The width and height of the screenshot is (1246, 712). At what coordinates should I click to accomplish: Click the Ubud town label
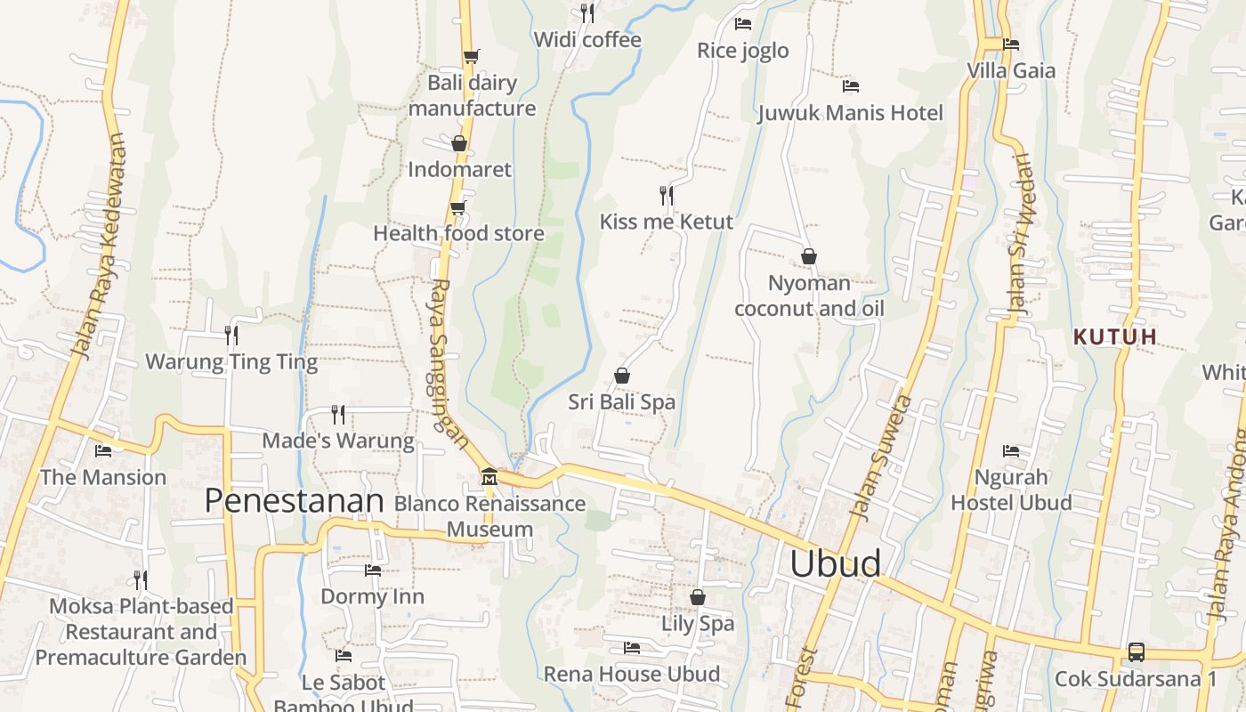[836, 564]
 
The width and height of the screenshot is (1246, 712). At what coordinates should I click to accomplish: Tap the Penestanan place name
[294, 501]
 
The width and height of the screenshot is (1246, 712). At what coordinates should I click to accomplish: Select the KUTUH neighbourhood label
[1115, 336]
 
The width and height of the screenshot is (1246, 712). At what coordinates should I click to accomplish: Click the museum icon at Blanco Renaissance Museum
[489, 477]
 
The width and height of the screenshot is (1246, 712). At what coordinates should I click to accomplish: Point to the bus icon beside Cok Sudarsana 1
[1137, 651]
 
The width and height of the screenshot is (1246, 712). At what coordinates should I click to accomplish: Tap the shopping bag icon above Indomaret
[459, 143]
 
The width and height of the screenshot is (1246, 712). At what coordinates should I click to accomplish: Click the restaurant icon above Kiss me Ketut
[666, 195]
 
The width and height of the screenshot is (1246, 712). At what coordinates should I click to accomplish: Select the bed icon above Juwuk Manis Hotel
[850, 86]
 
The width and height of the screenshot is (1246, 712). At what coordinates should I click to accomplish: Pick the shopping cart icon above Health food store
[457, 208]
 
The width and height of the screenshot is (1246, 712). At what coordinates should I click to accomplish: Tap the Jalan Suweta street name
[881, 457]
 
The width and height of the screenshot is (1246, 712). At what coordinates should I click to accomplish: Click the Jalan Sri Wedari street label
[1017, 233]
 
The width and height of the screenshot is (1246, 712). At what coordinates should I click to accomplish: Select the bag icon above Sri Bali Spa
[622, 376]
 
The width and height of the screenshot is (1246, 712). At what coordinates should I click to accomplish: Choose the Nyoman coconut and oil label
[808, 296]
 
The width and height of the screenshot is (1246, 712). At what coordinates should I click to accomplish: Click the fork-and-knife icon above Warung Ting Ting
[231, 335]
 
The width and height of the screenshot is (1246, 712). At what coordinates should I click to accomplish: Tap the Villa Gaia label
[1011, 70]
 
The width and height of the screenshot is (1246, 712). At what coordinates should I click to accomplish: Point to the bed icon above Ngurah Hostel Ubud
[1010, 451]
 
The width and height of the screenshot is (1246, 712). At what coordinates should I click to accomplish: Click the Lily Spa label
[698, 623]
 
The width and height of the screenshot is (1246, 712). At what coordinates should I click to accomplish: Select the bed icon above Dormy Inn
[373, 570]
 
